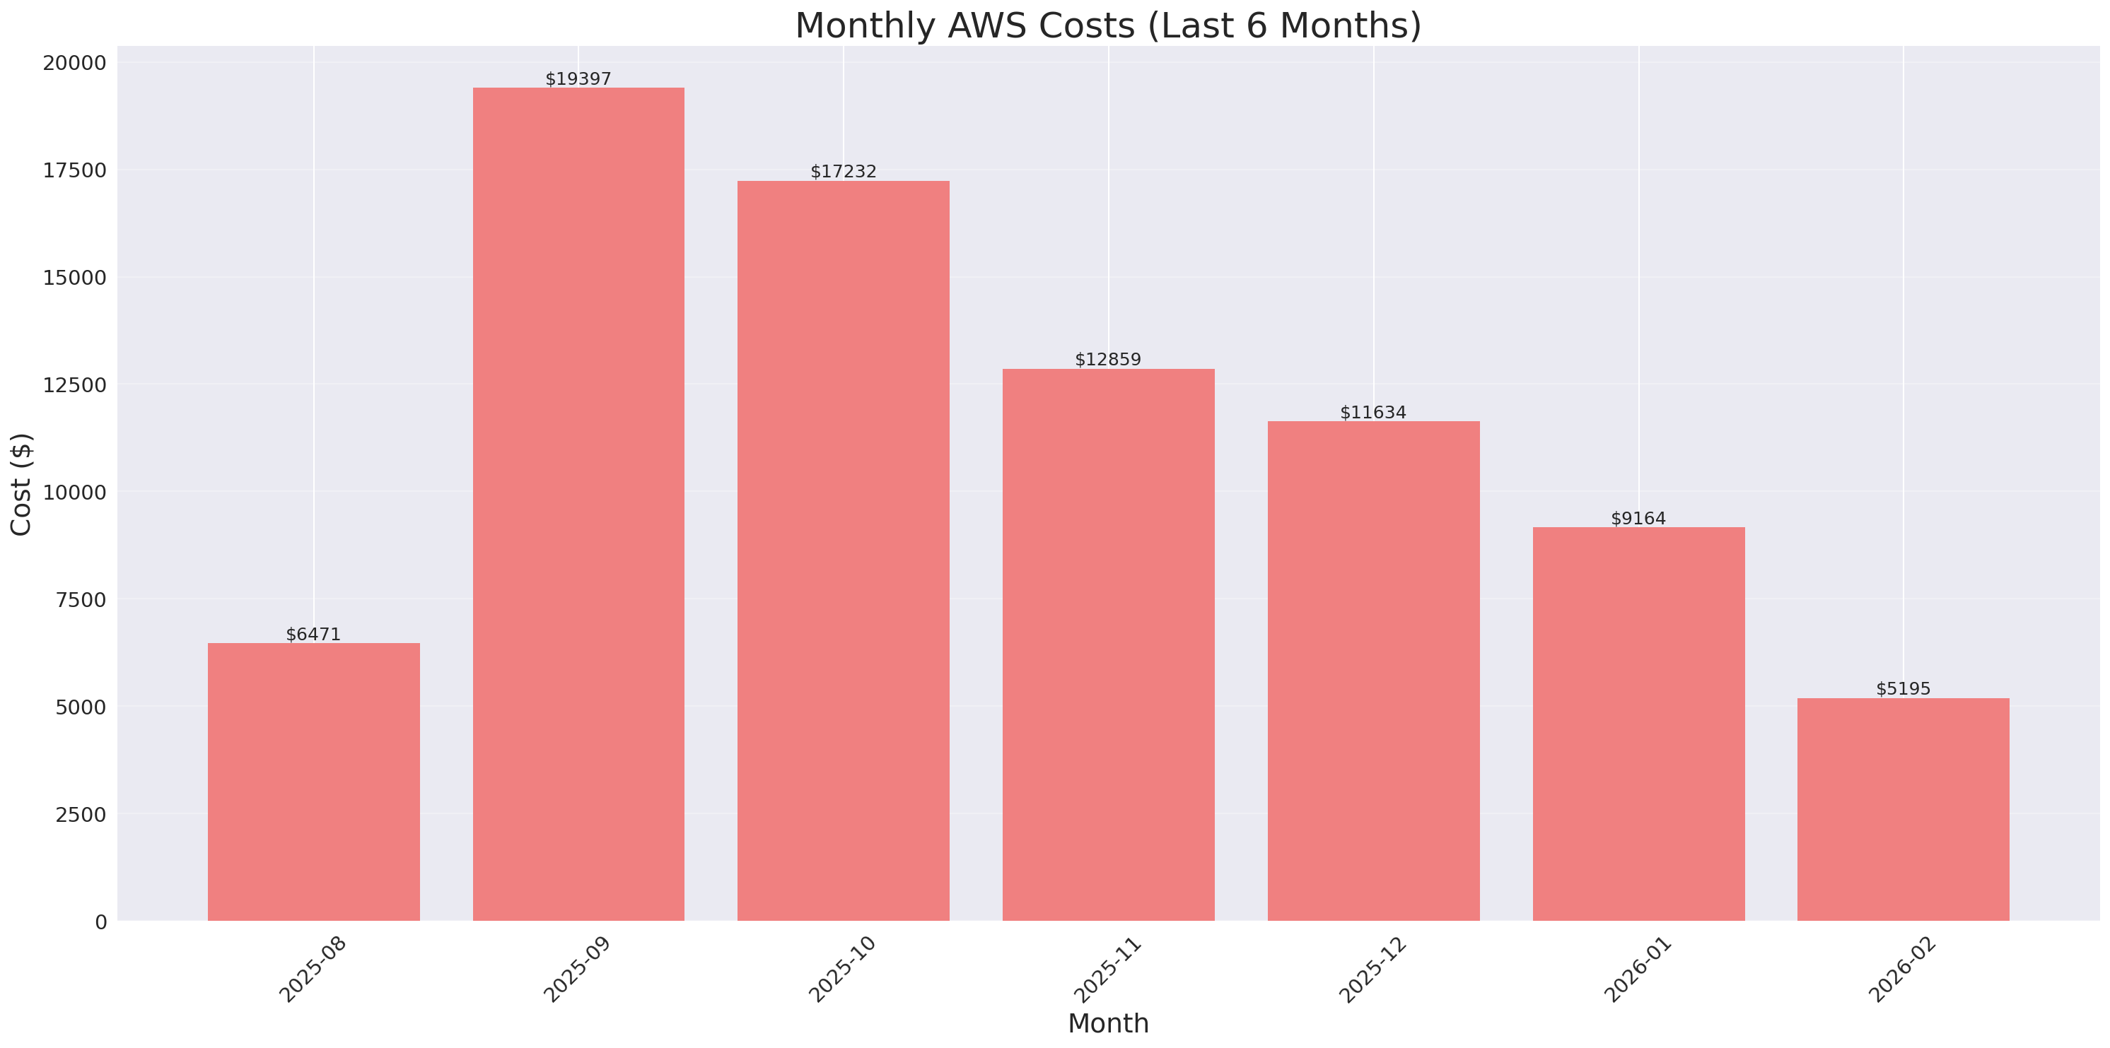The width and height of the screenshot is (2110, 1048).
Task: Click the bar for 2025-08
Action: (314, 782)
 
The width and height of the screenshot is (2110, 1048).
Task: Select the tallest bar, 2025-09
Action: (578, 504)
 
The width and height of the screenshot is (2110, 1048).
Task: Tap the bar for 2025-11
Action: (1108, 644)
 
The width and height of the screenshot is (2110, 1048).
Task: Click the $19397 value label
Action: (578, 78)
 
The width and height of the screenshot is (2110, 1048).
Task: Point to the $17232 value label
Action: (843, 171)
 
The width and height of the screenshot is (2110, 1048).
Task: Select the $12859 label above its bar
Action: (1107, 360)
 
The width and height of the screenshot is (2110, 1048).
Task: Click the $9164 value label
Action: (1638, 518)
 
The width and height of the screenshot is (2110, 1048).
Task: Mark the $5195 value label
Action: (1903, 688)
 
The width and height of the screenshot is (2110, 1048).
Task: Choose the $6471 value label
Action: (313, 635)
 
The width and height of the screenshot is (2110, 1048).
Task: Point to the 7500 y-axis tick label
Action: (81, 600)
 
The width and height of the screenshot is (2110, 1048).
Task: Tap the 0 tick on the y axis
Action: (100, 923)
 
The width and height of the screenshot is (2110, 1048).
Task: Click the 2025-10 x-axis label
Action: (842, 970)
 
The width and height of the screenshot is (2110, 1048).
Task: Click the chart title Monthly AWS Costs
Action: (1108, 25)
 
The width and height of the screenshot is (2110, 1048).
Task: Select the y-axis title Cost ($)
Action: (21, 484)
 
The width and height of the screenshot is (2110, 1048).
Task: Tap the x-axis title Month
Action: (1108, 1023)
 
